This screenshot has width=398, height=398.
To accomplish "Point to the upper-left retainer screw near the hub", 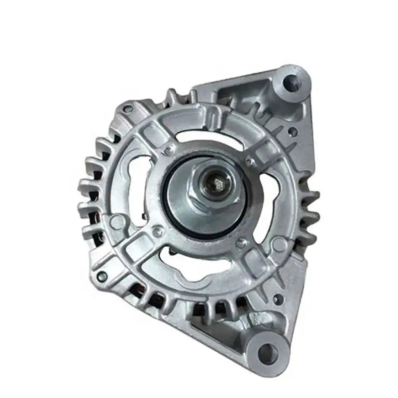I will (x=169, y=149).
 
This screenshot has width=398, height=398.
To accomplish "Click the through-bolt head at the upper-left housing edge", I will (x=128, y=108).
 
